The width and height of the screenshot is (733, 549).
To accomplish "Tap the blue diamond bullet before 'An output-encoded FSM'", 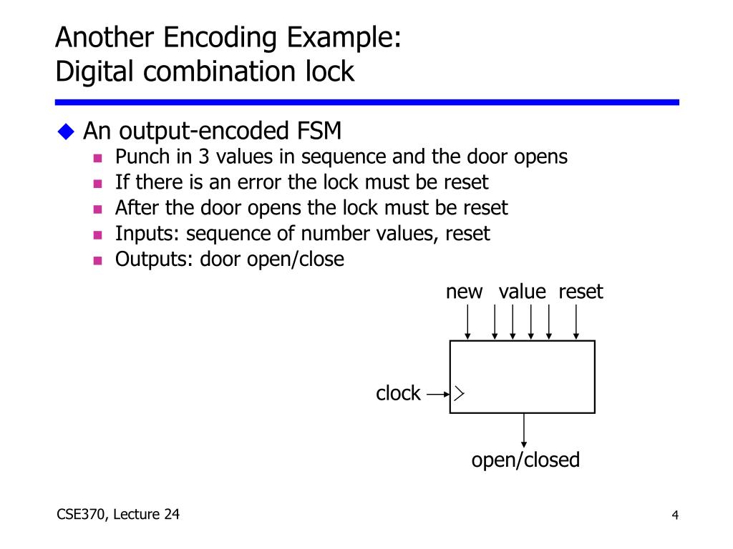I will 67,131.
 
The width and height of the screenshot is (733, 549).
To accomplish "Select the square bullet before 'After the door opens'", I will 99,209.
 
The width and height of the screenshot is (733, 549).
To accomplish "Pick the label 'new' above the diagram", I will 464,292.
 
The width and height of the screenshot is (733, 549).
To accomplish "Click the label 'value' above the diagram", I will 523,292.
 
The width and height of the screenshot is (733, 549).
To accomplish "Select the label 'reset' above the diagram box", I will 581,292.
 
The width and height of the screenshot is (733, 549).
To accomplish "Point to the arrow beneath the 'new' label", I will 467,322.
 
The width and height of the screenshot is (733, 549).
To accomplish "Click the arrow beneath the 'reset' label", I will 576,322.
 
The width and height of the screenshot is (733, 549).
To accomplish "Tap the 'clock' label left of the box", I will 398,393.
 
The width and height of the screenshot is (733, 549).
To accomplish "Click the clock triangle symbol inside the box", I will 458,393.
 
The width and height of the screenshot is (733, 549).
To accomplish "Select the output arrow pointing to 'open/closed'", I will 524,430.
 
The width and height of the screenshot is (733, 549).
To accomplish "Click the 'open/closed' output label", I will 525,460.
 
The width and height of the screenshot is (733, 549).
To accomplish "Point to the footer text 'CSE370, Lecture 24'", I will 117,514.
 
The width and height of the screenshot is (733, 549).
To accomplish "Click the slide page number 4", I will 674,516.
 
